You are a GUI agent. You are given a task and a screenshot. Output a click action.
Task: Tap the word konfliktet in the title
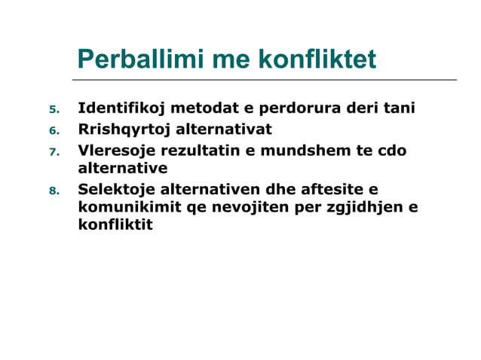tap(317, 60)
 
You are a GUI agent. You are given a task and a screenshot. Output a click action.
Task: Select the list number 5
tap(54, 110)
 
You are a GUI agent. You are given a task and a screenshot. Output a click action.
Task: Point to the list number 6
tap(54, 130)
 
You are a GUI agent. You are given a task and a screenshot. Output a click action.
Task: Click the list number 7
tap(54, 151)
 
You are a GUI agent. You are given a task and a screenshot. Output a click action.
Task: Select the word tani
tap(400, 108)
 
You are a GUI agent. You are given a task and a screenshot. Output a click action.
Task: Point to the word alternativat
tap(224, 129)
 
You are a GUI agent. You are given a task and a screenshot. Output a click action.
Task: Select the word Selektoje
tap(117, 189)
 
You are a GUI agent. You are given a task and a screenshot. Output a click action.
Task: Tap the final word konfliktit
tap(115, 224)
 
